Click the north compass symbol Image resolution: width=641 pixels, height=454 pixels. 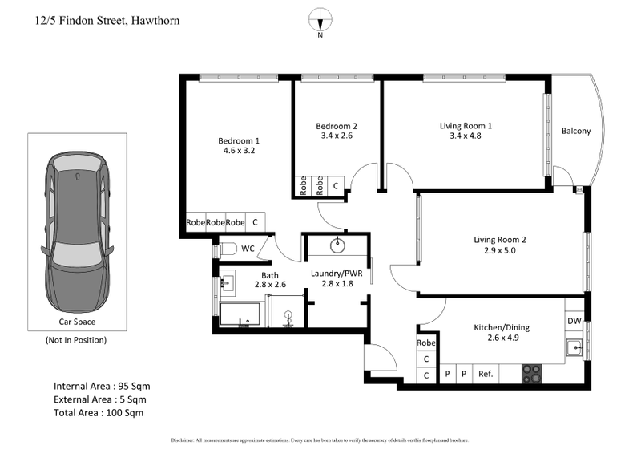(320, 20)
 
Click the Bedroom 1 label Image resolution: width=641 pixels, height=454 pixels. (239, 141)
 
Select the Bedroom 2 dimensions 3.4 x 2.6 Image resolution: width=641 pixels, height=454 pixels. (336, 136)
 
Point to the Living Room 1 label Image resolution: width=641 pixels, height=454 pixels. (466, 125)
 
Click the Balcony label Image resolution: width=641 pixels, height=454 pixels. (576, 131)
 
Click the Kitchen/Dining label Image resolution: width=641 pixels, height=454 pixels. (501, 327)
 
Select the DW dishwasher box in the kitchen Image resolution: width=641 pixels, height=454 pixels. (574, 322)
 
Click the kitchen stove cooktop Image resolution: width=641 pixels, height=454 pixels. (532, 374)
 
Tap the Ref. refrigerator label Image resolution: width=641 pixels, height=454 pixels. (485, 374)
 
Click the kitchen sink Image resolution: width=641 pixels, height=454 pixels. (573, 347)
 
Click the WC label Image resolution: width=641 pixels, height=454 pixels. (248, 249)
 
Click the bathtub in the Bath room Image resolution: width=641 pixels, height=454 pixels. (241, 314)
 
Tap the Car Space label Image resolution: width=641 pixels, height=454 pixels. (78, 322)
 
